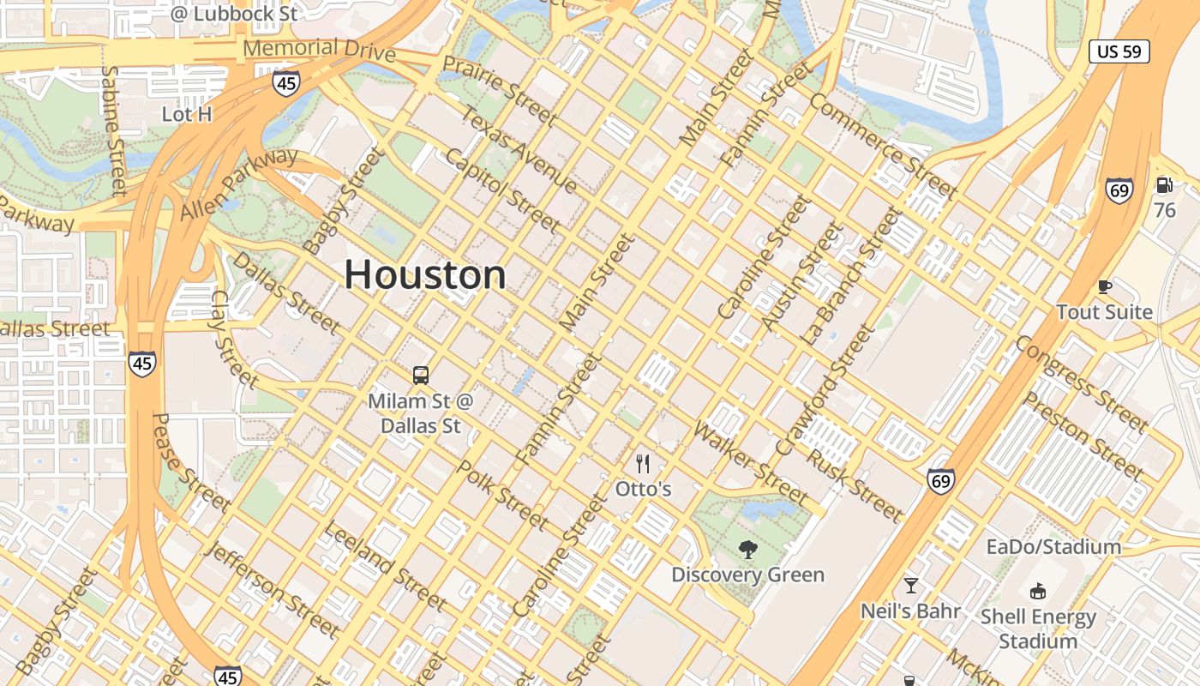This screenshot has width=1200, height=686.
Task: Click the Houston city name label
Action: tap(425, 275)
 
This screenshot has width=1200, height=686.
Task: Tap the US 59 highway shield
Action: tap(1119, 51)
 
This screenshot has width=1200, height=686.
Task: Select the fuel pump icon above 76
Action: tap(1164, 184)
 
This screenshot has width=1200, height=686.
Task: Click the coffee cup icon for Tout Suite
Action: tap(1105, 286)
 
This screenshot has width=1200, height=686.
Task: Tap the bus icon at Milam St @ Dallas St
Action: tap(420, 376)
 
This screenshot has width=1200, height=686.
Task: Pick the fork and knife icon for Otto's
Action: tap(643, 464)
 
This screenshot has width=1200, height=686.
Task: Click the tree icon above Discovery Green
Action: tap(748, 550)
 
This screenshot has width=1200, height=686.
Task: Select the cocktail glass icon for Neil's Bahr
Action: tap(911, 586)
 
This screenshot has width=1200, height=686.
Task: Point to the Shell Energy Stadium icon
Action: tap(1038, 591)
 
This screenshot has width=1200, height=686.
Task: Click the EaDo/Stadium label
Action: tap(1053, 547)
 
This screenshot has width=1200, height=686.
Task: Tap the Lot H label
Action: tap(187, 114)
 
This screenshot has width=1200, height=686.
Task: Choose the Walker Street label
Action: tap(751, 463)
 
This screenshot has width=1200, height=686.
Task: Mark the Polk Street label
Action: tap(502, 495)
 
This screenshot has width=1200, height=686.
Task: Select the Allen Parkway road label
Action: tap(239, 183)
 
